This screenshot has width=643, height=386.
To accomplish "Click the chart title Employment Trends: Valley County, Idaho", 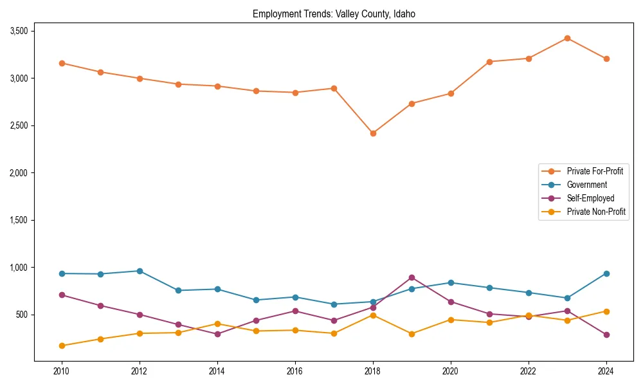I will click(x=334, y=14).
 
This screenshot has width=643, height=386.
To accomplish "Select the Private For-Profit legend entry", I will click(x=595, y=171).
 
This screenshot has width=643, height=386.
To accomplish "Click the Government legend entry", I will click(x=586, y=185).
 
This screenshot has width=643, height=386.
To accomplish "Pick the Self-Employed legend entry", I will click(x=590, y=198).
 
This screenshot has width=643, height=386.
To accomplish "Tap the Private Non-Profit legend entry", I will click(x=596, y=212).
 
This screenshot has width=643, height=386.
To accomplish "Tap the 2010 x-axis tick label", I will click(x=62, y=371).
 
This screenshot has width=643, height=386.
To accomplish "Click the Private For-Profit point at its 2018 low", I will click(x=373, y=133).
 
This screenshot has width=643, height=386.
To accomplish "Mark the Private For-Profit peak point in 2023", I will click(x=567, y=38).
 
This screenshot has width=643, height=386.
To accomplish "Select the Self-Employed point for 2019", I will click(x=412, y=277).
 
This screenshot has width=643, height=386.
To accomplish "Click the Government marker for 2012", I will click(x=140, y=271).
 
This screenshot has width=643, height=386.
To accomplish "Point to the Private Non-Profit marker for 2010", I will click(x=62, y=345).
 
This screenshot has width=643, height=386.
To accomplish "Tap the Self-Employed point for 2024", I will click(x=606, y=335).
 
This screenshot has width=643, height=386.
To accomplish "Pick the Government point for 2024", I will click(x=606, y=273).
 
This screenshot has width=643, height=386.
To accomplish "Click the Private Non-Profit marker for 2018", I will click(x=373, y=315).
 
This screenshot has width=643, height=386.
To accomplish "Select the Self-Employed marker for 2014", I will click(x=217, y=334).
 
